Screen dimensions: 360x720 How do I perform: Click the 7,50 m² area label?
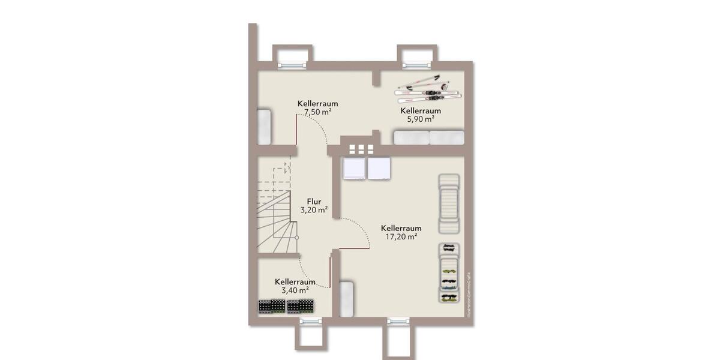pos(317,112)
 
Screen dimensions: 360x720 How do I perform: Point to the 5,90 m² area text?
pos(421,119)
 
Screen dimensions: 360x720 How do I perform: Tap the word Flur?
pos(314,202)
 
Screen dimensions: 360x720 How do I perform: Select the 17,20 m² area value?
pos(401,237)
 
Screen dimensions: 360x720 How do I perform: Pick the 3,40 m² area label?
pos(295,290)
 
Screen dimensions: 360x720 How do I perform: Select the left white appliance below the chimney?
pos(353,169)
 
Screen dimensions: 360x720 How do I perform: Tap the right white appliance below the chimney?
pos(379,169)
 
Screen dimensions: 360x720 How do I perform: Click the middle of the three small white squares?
pos(361,149)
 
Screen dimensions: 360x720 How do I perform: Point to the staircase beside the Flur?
pos(276,207)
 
